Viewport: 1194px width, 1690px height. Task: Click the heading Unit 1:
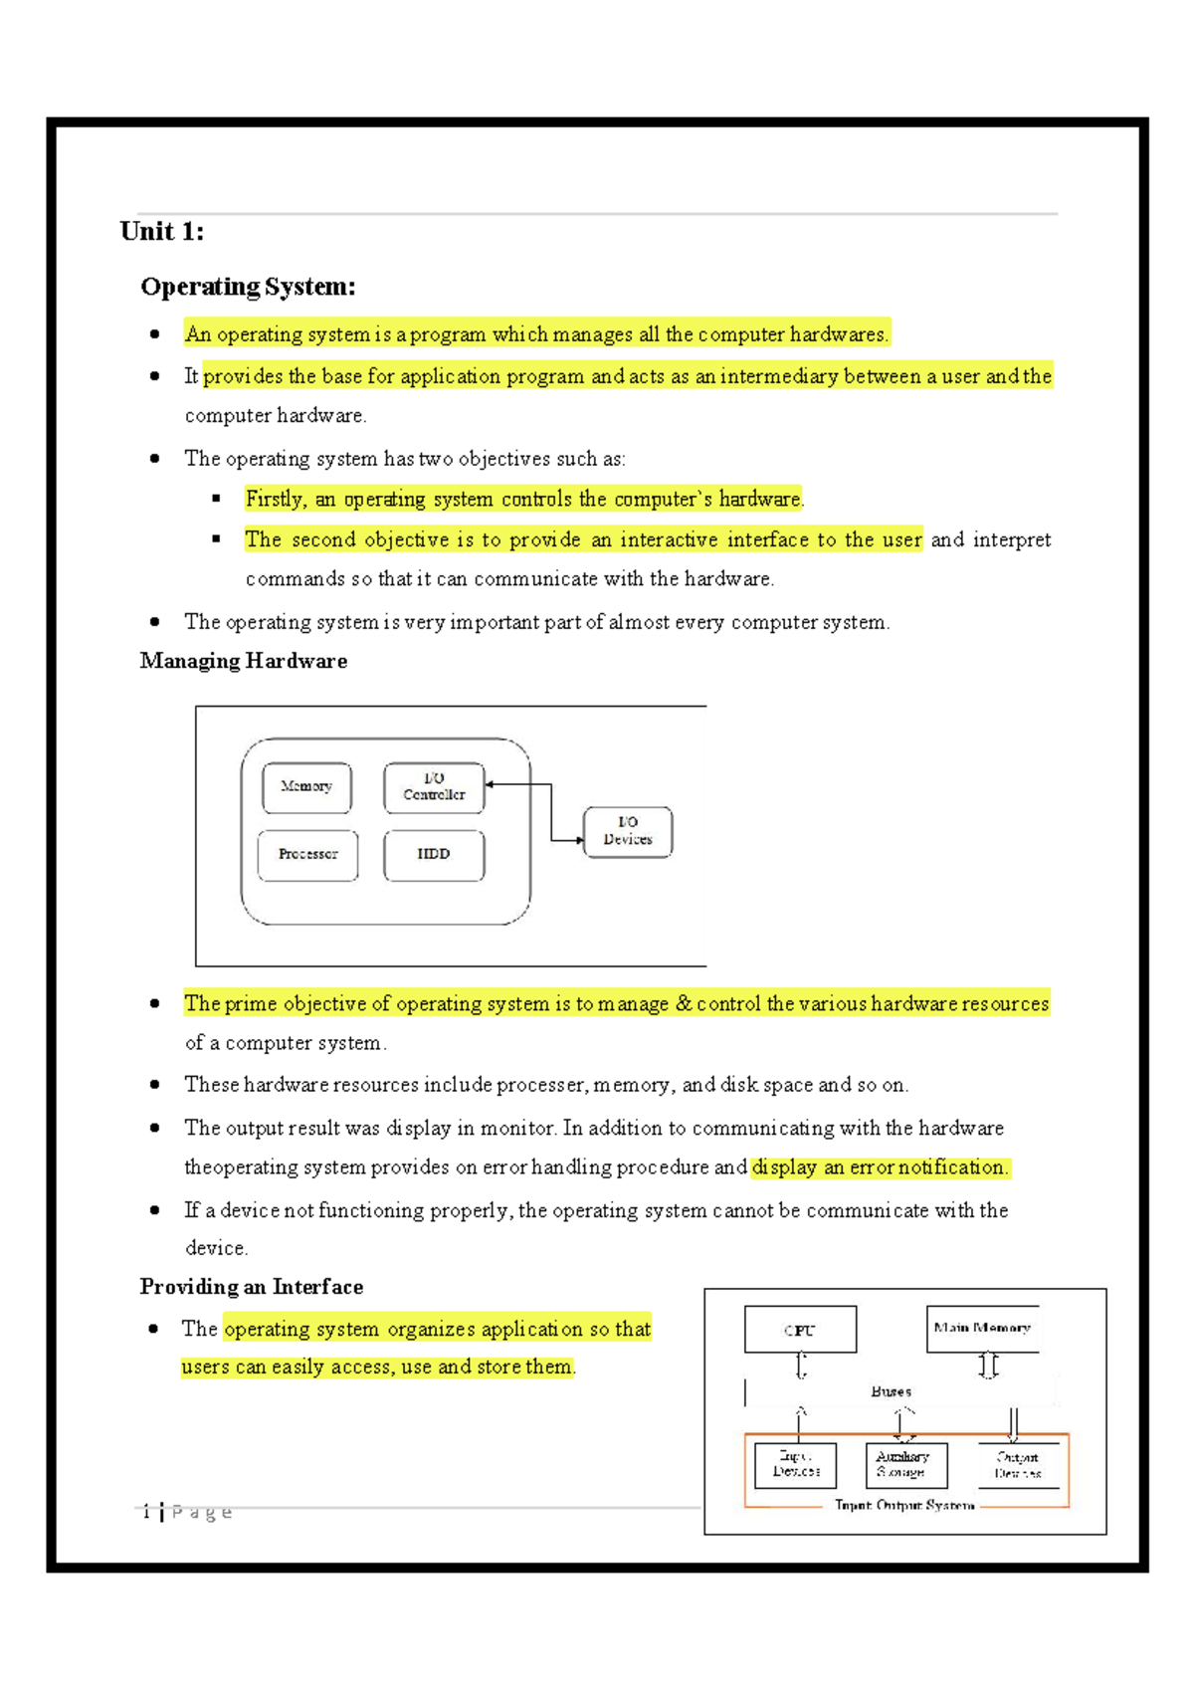click(161, 232)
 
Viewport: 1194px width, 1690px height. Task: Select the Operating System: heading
click(248, 287)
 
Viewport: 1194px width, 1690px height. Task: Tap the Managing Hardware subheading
click(243, 661)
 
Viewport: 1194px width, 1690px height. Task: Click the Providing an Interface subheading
click(251, 1287)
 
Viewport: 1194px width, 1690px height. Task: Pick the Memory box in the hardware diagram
click(306, 787)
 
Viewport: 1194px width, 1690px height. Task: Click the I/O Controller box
click(434, 787)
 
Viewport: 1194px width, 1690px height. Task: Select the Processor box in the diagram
click(307, 855)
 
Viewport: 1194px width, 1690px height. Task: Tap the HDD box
click(434, 855)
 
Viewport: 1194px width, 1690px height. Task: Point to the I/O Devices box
click(628, 831)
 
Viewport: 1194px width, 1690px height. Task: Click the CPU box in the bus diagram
click(800, 1330)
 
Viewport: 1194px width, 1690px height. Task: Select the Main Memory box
click(982, 1329)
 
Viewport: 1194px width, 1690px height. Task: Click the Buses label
click(891, 1391)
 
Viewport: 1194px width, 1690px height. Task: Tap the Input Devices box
click(795, 1465)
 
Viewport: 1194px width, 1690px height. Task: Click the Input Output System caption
click(904, 1506)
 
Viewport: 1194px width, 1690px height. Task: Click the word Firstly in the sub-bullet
click(275, 499)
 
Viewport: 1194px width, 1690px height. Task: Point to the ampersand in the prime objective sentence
click(684, 1003)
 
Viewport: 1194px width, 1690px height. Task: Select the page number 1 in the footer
click(146, 1512)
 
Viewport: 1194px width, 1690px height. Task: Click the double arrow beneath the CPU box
click(801, 1366)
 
